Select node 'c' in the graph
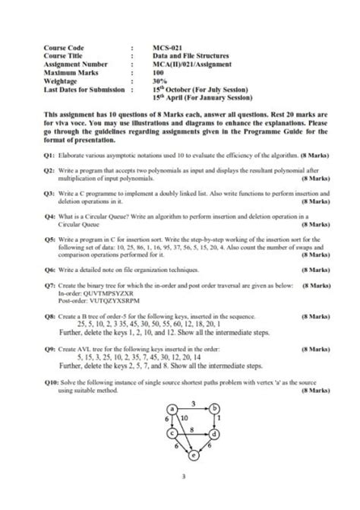pyautogui.click(x=172, y=433)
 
